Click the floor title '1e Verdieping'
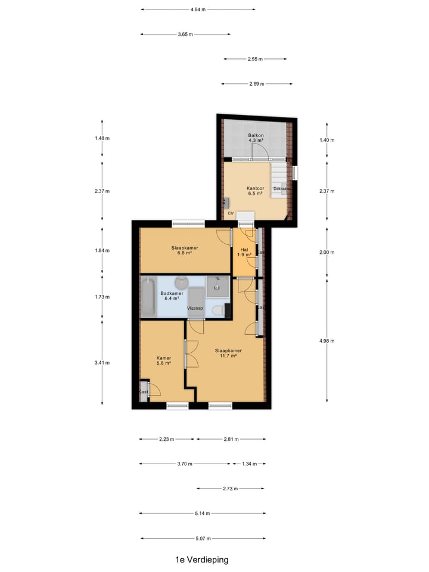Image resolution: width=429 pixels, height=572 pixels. click(x=201, y=559)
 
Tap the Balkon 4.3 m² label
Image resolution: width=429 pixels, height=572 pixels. click(x=256, y=139)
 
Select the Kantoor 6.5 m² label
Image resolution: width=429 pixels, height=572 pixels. click(x=254, y=191)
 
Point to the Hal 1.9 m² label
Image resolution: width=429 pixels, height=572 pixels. click(x=244, y=253)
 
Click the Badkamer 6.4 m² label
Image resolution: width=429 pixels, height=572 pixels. click(x=172, y=296)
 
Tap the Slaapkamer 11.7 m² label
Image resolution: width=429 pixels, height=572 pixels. click(x=228, y=354)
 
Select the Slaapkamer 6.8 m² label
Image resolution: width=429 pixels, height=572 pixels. click(x=184, y=250)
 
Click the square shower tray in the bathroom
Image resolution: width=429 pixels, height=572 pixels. click(x=217, y=287)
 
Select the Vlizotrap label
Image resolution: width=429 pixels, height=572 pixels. click(x=195, y=309)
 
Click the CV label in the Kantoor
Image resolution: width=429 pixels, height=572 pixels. click(x=230, y=213)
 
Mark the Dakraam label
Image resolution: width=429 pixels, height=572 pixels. click(x=281, y=189)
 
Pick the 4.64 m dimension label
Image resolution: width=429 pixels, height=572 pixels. click(x=198, y=10)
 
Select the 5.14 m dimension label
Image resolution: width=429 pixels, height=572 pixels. click(x=202, y=514)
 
